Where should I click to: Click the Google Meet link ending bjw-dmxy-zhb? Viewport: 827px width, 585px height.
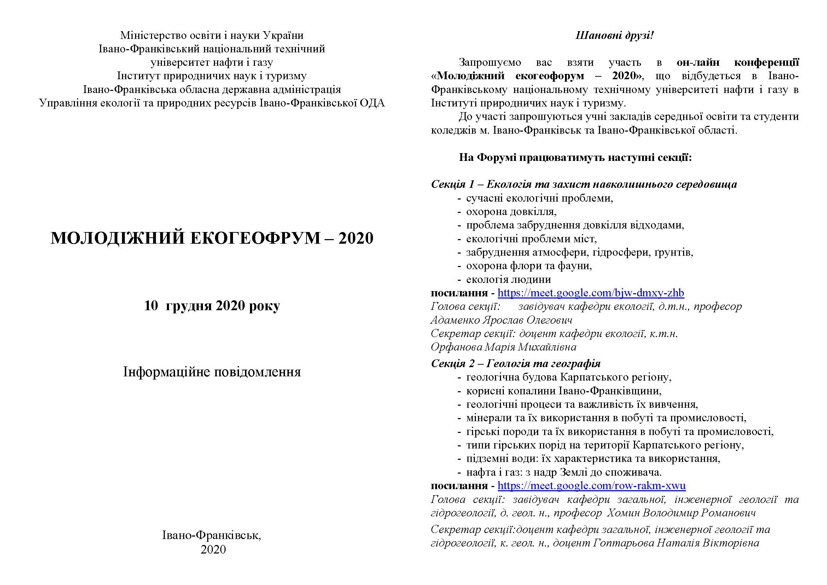click(x=591, y=293)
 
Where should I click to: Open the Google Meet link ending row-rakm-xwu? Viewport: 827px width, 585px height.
click(x=592, y=486)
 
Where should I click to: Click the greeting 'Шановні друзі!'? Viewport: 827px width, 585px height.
click(x=615, y=36)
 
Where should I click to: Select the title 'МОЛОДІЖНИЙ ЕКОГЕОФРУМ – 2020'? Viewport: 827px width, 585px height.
click(x=212, y=238)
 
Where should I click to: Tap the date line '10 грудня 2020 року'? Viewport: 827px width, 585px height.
click(x=212, y=306)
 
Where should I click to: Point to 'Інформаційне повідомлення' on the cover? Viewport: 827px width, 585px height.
click(x=212, y=372)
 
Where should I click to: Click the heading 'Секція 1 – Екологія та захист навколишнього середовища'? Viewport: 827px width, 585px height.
click(x=584, y=184)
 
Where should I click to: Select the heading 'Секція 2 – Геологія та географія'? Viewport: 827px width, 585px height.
click(x=516, y=364)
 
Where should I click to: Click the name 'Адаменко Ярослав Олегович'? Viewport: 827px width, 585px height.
click(x=501, y=320)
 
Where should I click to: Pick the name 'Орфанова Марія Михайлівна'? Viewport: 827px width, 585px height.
click(x=503, y=347)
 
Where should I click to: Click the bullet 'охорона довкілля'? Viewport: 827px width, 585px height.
click(x=512, y=212)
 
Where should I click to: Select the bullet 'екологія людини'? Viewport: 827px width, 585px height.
click(x=508, y=279)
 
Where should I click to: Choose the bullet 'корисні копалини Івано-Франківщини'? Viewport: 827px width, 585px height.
click(x=564, y=391)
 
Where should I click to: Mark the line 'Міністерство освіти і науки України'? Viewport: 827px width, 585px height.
click(x=212, y=35)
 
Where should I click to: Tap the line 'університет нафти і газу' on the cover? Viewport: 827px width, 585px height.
click(x=212, y=62)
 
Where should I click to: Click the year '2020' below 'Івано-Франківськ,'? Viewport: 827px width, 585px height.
click(x=213, y=549)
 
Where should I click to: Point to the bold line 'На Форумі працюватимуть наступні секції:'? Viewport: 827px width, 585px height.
click(x=575, y=157)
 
